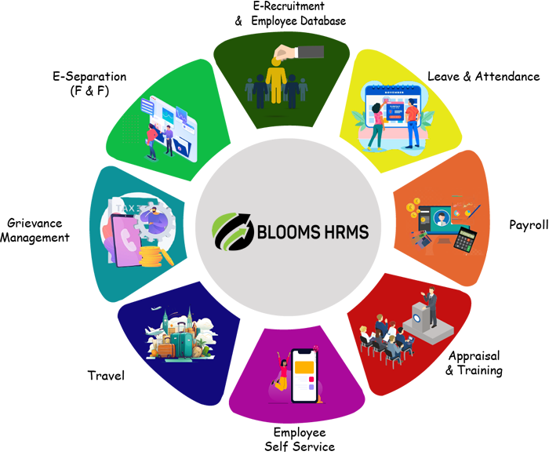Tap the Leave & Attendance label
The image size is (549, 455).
click(483, 77)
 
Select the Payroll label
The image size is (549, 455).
click(528, 225)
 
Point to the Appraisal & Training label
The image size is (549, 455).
click(474, 362)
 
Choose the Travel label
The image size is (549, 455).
click(107, 376)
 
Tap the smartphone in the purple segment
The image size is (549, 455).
click(307, 377)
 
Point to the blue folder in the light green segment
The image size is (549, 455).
click(180, 144)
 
